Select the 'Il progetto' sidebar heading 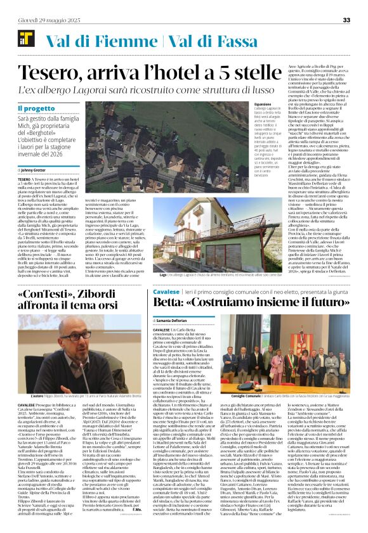point(36,108)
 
